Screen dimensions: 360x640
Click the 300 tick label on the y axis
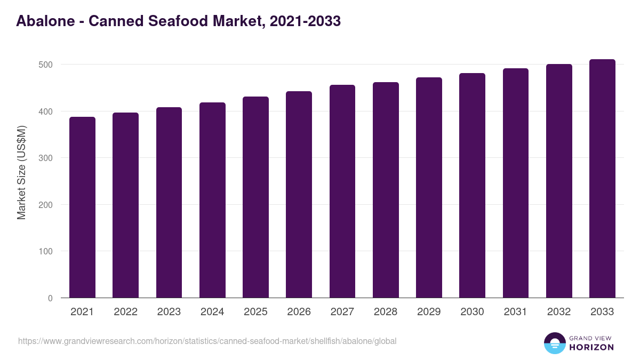click(x=46, y=158)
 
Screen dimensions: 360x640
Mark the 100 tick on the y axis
click(x=46, y=251)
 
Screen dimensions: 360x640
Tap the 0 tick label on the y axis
click(x=50, y=298)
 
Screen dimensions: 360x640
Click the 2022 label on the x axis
click(x=125, y=312)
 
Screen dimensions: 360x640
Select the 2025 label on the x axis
click(x=255, y=312)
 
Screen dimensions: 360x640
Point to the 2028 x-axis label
click(x=386, y=312)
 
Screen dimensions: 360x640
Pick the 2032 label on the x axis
click(x=559, y=312)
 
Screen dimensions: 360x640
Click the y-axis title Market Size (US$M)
click(x=22, y=172)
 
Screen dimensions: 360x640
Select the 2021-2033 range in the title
click(x=305, y=21)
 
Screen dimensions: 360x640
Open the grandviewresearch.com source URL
click(x=207, y=341)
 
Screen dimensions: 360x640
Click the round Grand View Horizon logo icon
click(x=554, y=343)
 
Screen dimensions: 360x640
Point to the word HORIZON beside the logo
click(x=591, y=347)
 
